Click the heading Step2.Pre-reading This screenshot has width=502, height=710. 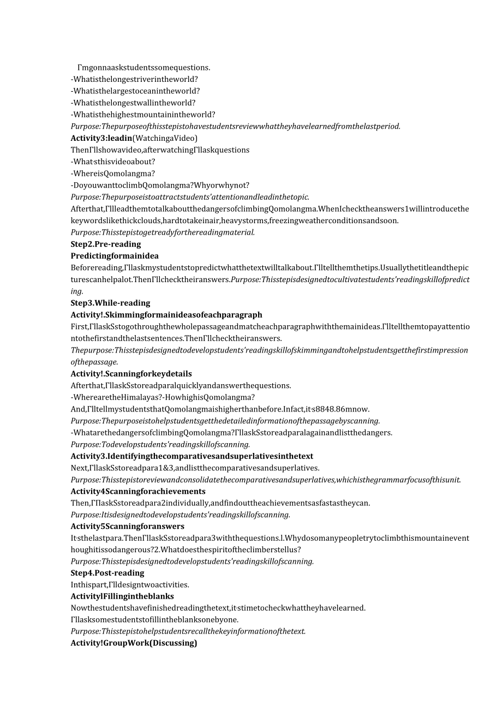(105, 244)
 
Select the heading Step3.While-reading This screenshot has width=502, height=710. (110, 303)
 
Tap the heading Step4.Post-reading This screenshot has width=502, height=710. (107, 573)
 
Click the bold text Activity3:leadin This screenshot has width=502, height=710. (101, 138)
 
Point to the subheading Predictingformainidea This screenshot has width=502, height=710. (115, 256)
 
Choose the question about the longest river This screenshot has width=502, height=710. (134, 79)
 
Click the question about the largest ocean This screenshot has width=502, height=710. (135, 91)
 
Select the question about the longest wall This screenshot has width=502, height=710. (133, 103)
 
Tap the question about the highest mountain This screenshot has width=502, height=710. (142, 115)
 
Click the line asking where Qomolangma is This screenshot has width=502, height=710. (112, 174)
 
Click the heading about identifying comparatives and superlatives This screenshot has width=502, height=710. (192, 456)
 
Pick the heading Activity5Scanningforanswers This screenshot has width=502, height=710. (127, 527)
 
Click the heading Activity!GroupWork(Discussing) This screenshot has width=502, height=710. (134, 643)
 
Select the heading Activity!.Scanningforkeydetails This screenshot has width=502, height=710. (131, 374)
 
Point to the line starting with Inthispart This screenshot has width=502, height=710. (130, 585)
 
